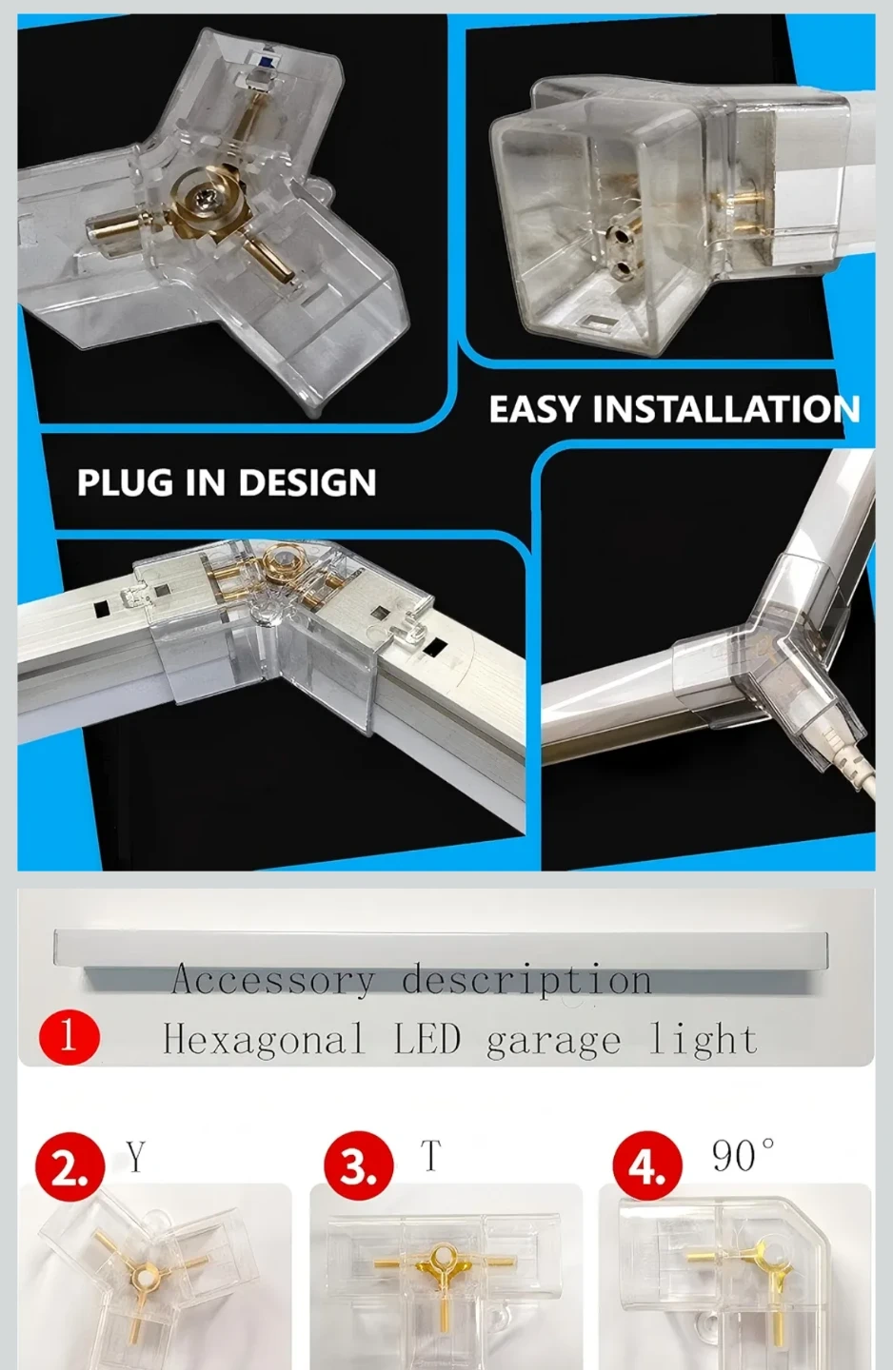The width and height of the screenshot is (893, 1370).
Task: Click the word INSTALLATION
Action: click(x=726, y=408)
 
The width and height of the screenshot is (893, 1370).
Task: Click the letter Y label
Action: click(x=137, y=1155)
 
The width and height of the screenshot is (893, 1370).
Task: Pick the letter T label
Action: click(x=431, y=1155)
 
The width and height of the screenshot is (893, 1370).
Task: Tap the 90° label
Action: click(x=743, y=1155)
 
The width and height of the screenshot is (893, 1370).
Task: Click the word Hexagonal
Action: click(x=264, y=1039)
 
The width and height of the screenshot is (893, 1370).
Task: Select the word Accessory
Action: click(x=272, y=979)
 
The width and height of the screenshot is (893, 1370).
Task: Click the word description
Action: click(x=527, y=980)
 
